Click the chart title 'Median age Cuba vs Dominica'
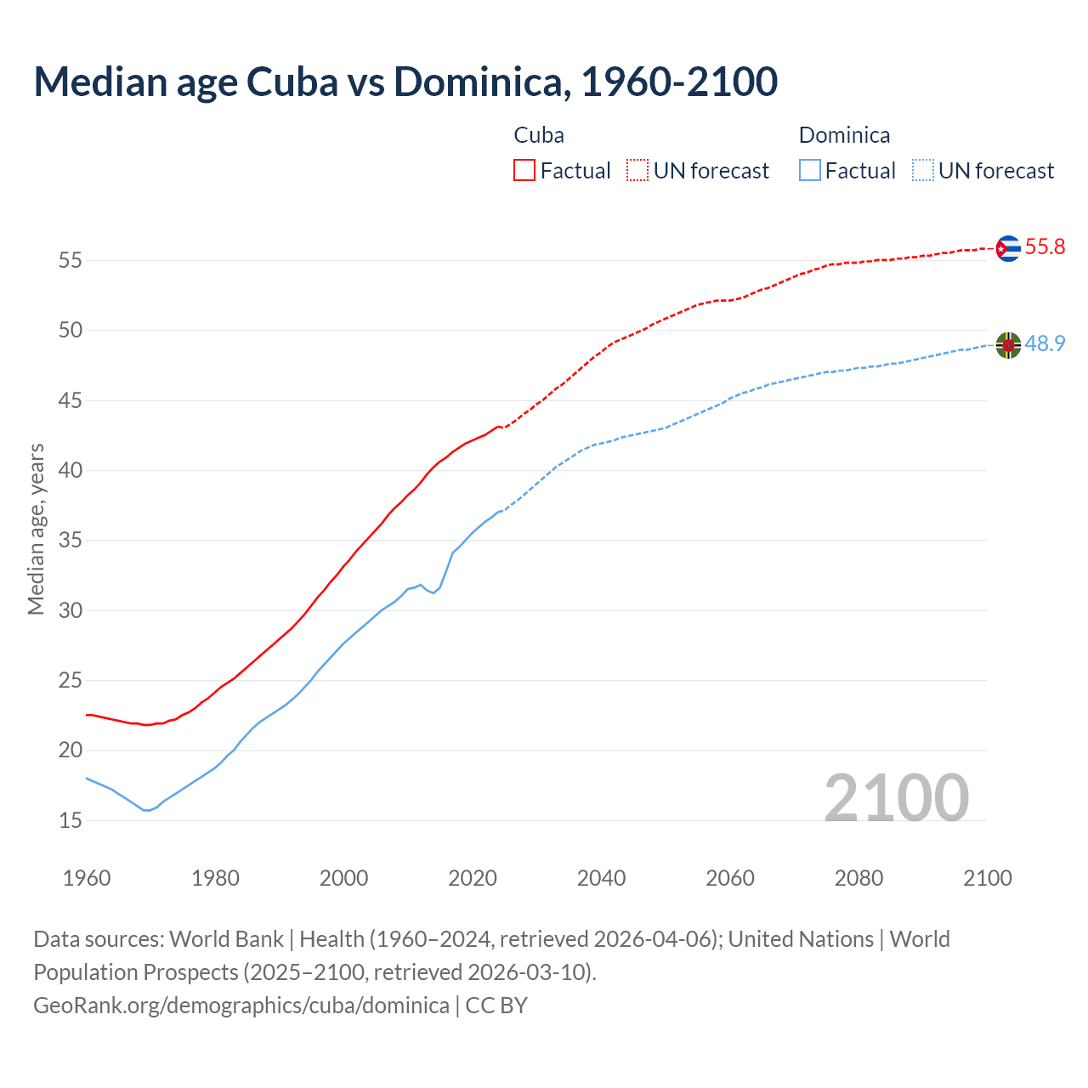pos(405,82)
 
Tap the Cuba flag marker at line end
pos(1008,248)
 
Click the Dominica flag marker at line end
pos(1008,345)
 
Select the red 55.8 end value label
pos(1045,247)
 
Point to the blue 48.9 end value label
pos(1045,344)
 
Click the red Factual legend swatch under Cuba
pos(524,171)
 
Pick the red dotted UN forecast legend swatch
pos(637,171)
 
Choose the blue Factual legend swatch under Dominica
pos(810,171)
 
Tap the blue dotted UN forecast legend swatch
pos(923,171)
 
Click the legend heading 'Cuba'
pos(539,135)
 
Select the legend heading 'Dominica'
pos(844,135)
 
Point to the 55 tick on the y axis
pos(71,260)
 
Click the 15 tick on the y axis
pos(71,821)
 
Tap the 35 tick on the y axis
pos(71,541)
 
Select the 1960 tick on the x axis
pos(87,878)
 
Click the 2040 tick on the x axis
pos(601,878)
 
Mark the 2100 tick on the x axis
pos(987,878)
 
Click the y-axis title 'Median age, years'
pos(36,529)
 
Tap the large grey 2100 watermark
pos(896,797)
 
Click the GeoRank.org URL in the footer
pos(241,1006)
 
